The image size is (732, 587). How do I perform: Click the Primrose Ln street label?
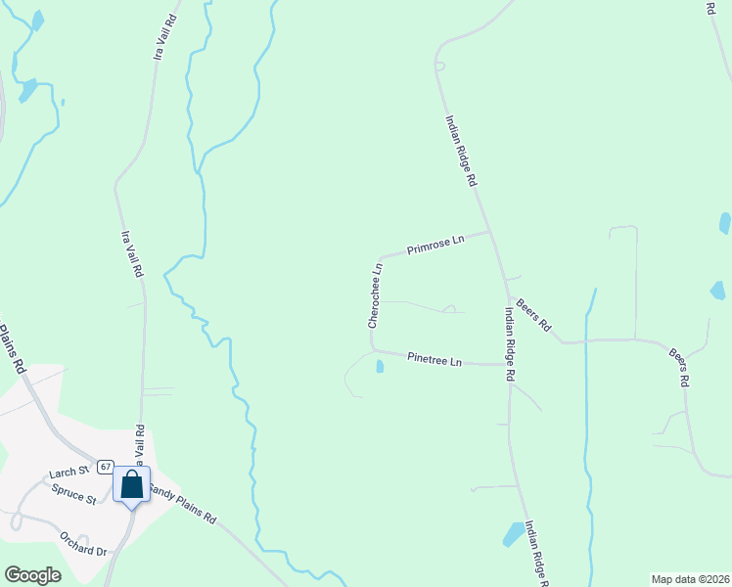[x=435, y=244]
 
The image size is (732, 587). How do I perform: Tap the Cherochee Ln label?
[x=374, y=294]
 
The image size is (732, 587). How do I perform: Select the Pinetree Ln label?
[x=435, y=360]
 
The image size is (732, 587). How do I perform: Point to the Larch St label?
[x=63, y=473]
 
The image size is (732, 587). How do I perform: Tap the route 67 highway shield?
[x=106, y=467]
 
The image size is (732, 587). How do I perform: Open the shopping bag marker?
[x=131, y=485]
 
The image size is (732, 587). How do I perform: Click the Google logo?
[x=33, y=574]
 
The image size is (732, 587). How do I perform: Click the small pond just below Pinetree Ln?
[x=379, y=367]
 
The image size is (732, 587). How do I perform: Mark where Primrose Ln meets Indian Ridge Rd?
[x=488, y=232]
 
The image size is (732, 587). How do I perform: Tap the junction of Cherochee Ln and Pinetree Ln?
[x=372, y=348]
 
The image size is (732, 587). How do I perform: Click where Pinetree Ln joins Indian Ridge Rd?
[x=509, y=364]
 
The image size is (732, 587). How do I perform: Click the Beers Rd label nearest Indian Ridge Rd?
[x=534, y=313]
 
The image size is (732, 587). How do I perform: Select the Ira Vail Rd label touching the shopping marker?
[x=140, y=445]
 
